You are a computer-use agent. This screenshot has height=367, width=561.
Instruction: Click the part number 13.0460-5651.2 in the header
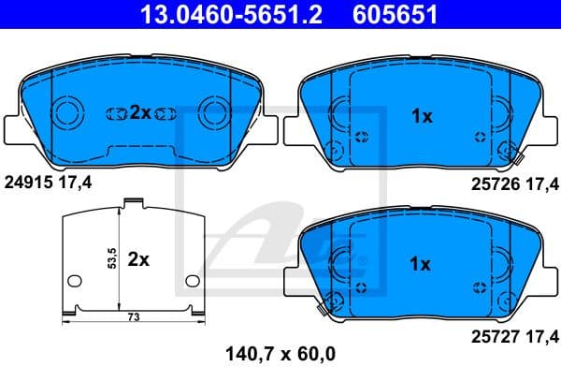click(x=209, y=15)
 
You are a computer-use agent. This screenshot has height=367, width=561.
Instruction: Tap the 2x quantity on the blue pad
click(x=139, y=112)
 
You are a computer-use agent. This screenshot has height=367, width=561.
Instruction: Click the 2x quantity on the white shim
click(x=138, y=259)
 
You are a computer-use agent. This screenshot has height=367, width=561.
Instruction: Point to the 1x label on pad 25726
click(x=422, y=117)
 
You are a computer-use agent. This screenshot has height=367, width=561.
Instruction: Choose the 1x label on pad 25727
click(x=422, y=265)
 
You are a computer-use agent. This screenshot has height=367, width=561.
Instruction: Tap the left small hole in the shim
click(x=73, y=281)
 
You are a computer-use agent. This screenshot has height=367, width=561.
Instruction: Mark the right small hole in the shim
click(x=192, y=281)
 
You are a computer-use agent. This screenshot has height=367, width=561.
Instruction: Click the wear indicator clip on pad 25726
click(x=510, y=149)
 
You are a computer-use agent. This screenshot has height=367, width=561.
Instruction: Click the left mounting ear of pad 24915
click(x=14, y=125)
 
